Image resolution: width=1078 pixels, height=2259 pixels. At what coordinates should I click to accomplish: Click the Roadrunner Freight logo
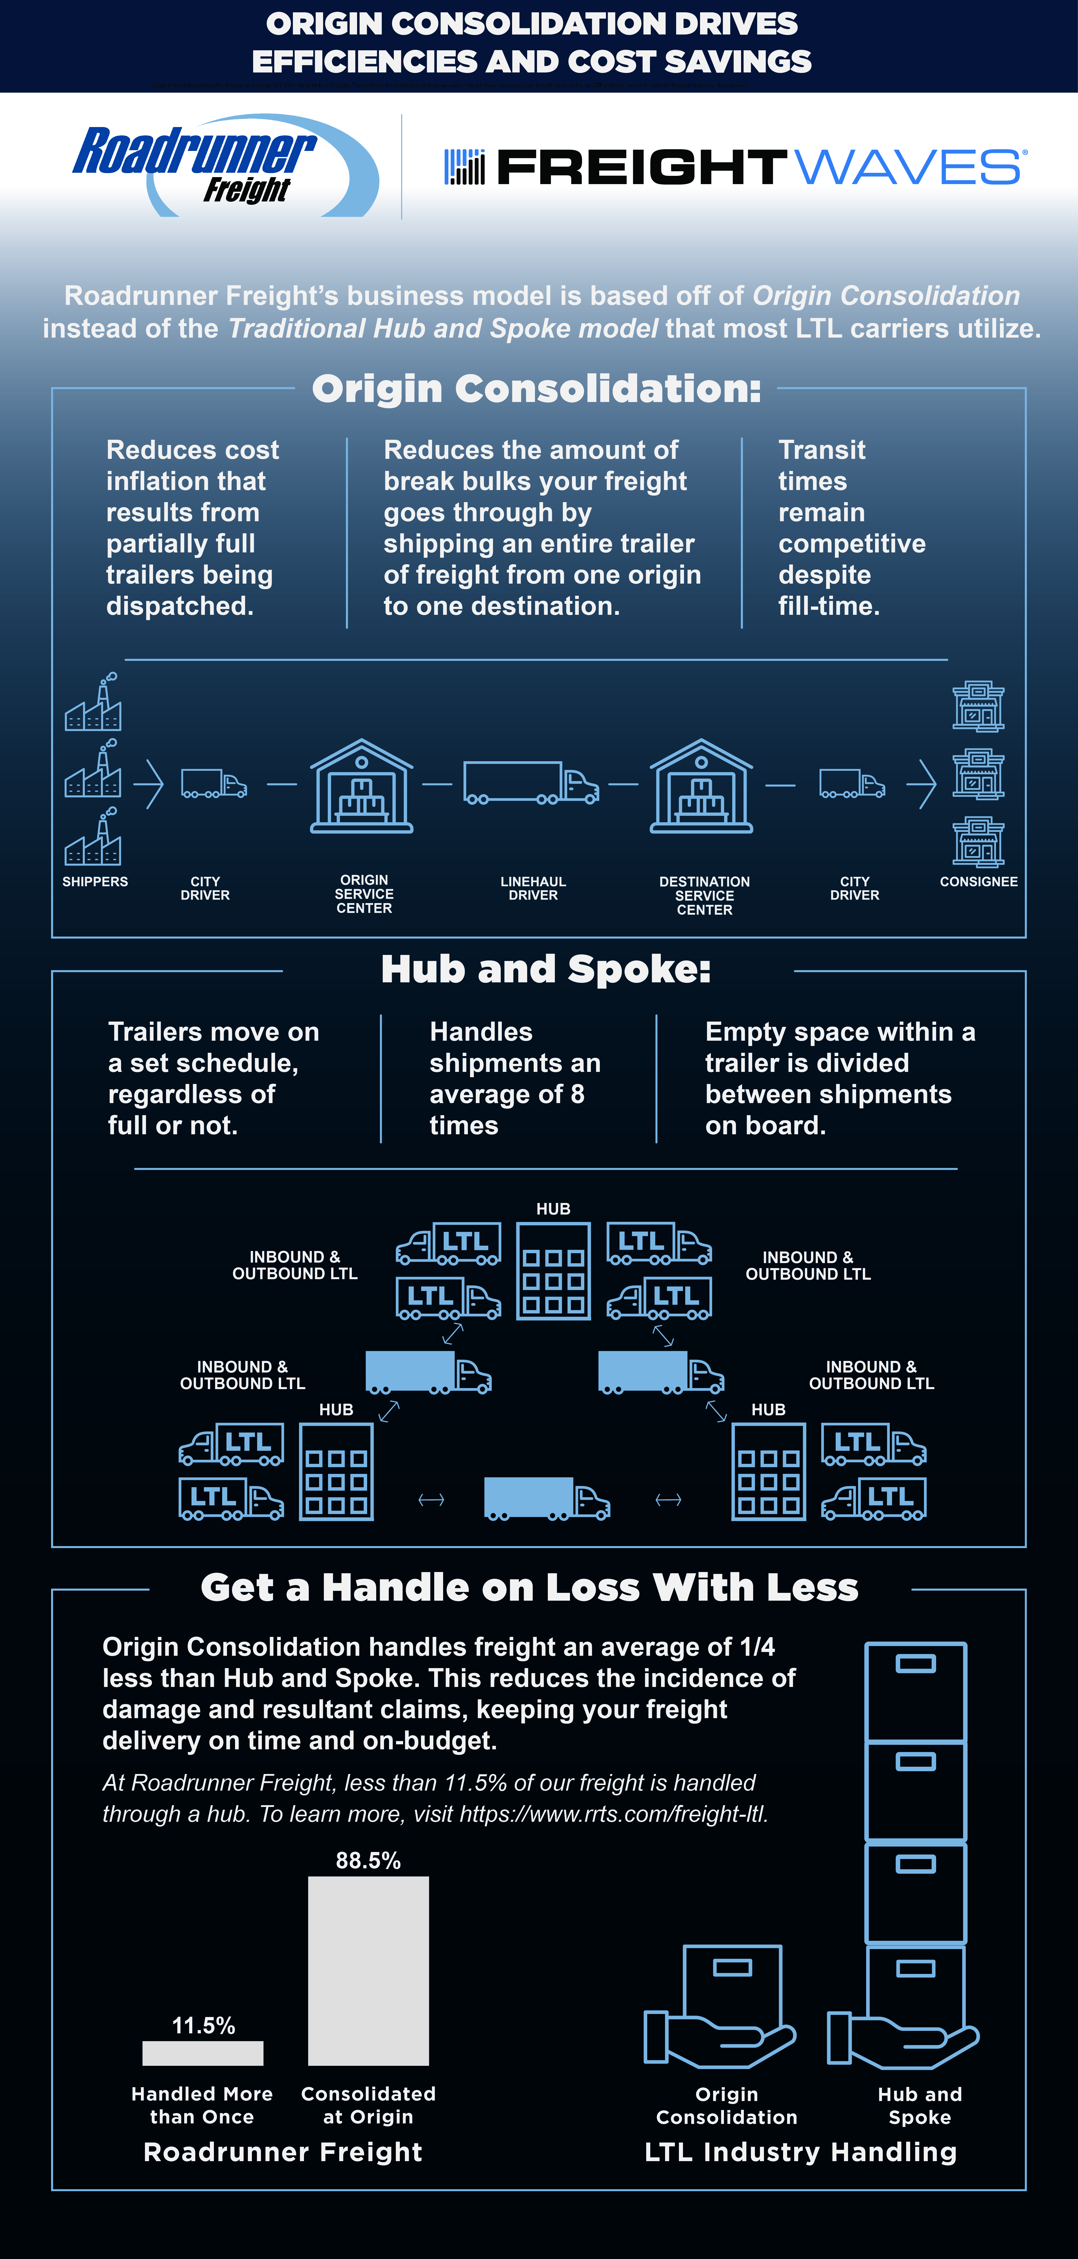click(226, 165)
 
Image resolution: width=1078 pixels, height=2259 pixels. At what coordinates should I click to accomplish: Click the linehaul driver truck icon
click(531, 782)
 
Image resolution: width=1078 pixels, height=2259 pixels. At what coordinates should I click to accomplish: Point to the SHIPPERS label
click(95, 881)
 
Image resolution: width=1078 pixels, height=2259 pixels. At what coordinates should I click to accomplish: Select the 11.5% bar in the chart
click(203, 2053)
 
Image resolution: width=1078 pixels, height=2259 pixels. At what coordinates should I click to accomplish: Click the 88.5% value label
click(368, 1860)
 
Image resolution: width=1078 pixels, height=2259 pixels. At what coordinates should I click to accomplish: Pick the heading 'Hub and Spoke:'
click(546, 969)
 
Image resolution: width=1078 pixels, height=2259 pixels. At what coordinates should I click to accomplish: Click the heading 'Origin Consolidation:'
click(537, 388)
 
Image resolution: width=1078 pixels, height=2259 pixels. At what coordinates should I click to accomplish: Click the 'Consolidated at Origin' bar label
click(368, 2105)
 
